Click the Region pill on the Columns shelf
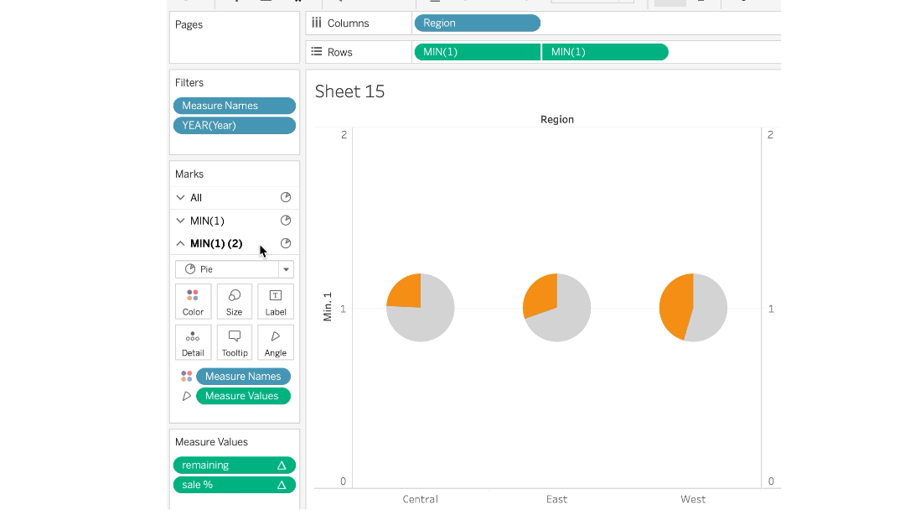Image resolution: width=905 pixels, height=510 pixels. coord(478,23)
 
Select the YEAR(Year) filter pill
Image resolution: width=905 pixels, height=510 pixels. coord(235,125)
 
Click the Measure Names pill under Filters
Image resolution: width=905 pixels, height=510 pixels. coord(235,106)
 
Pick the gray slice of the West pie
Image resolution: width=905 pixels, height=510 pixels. coord(709,307)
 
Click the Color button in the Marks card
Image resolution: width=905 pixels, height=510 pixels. coord(193,301)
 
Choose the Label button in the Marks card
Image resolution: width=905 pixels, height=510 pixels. coord(276,301)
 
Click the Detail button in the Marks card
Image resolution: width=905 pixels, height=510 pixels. coord(193,342)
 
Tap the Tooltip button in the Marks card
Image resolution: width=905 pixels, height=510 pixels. coord(235,342)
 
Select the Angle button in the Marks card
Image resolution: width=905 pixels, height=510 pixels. coord(276,342)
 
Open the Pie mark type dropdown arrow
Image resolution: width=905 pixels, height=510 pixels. coord(286,269)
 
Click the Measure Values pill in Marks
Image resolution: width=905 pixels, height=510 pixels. coord(243,396)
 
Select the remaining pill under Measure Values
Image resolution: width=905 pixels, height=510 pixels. coord(235,466)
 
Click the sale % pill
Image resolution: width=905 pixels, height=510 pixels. coord(235,485)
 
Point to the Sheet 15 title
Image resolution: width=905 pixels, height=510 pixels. coord(349,91)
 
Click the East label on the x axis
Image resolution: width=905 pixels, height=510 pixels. coord(556,499)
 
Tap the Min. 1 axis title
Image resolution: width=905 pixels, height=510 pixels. coord(328,307)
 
